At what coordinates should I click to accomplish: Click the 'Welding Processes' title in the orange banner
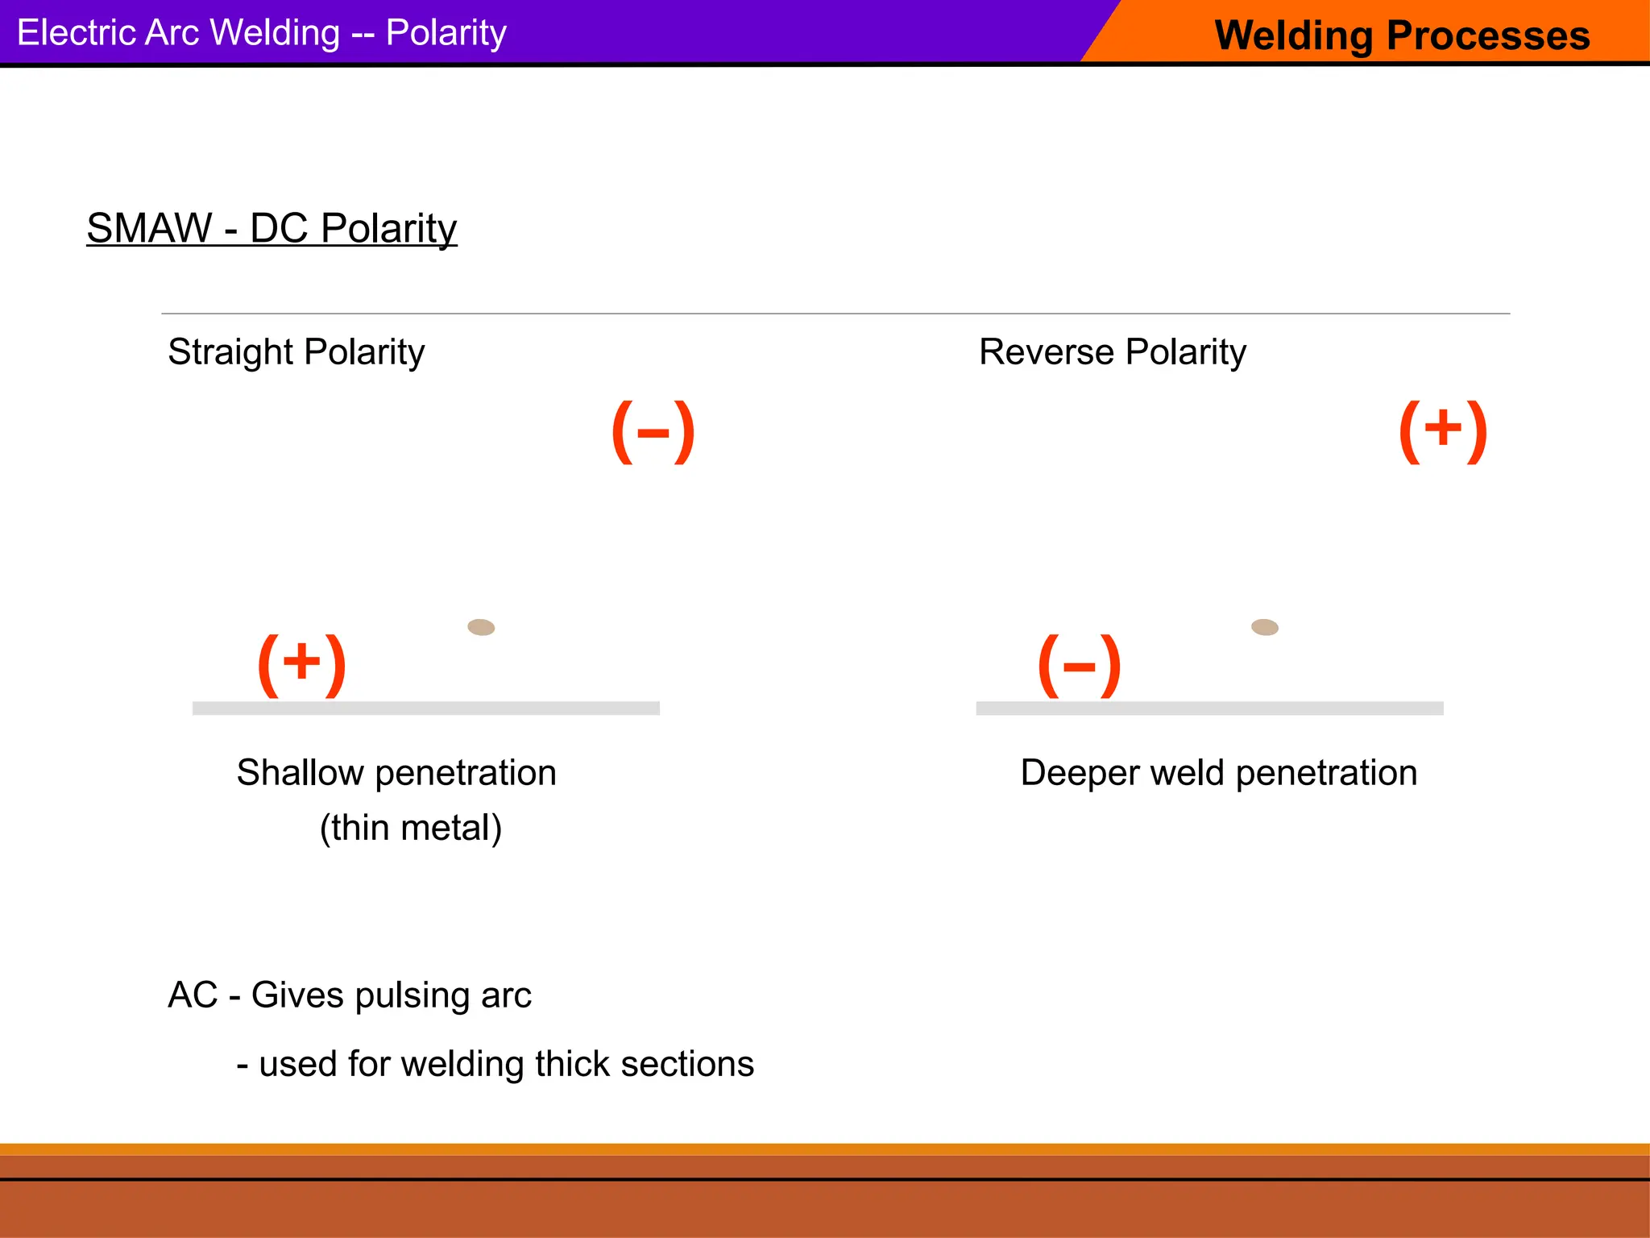(1402, 35)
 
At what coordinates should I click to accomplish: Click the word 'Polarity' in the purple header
(446, 33)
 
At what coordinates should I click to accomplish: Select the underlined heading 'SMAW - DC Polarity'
(272, 228)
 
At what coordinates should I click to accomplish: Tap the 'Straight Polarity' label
(296, 352)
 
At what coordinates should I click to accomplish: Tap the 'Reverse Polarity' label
(1112, 352)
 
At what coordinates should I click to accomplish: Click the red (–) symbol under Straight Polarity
(653, 432)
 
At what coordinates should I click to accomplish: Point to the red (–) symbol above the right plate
(1079, 666)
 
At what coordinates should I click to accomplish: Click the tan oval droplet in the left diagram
(481, 627)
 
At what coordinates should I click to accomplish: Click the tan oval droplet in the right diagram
(1264, 627)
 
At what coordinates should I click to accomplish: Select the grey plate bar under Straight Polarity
(425, 708)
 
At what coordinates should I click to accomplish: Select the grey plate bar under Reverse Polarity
(1209, 708)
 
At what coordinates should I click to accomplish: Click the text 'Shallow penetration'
(396, 773)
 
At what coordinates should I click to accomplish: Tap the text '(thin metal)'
(411, 828)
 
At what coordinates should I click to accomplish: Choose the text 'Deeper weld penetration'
(1218, 773)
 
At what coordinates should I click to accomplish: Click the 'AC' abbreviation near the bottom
(193, 995)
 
